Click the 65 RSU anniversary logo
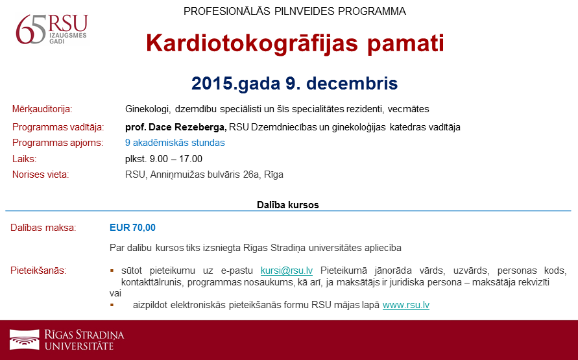(52, 29)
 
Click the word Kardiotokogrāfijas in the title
(252, 43)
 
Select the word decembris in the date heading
(352, 83)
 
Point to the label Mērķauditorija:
(42, 110)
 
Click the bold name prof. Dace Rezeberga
(176, 127)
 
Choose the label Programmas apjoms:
(58, 143)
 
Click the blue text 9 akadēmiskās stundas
(175, 143)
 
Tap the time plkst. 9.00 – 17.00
(163, 159)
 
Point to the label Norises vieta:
(41, 174)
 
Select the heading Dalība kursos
(288, 205)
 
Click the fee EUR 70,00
(133, 228)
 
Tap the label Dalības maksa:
(43, 228)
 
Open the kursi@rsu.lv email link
(287, 270)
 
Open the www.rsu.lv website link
(406, 305)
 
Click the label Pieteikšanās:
(38, 270)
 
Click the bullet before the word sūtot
(112, 271)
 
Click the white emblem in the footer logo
(25, 339)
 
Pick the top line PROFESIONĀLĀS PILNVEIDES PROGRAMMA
(295, 12)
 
